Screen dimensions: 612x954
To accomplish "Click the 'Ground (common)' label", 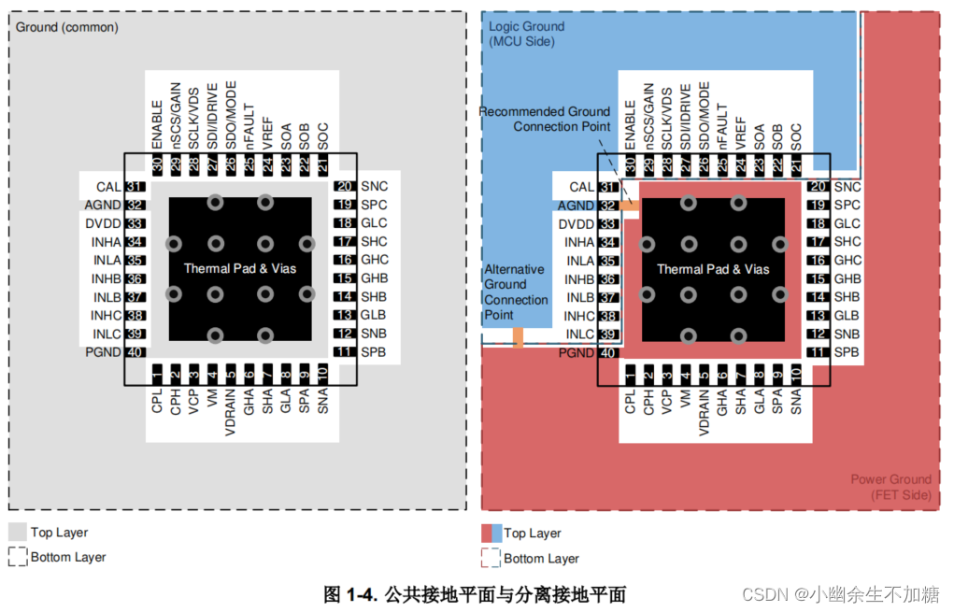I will point(67,27).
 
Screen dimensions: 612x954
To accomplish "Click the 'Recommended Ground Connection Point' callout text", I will point(545,119).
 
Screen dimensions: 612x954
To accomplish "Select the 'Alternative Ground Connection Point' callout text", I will point(516,292).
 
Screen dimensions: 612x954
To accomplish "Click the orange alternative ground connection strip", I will point(519,337).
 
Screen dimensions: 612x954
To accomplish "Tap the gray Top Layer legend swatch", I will point(18,532).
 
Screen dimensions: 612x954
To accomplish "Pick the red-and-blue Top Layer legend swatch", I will point(491,533).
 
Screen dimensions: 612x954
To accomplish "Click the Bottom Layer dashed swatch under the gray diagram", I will point(18,557).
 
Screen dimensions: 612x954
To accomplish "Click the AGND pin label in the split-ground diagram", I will point(575,206).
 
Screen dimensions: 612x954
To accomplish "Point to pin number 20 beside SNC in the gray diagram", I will point(344,187).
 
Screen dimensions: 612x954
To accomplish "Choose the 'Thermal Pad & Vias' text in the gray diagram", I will point(240,268).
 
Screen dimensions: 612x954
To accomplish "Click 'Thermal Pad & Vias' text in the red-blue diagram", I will point(713,269).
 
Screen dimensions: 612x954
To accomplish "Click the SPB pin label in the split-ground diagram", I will point(847,352).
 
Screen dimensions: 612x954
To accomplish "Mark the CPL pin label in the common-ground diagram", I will point(157,402).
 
